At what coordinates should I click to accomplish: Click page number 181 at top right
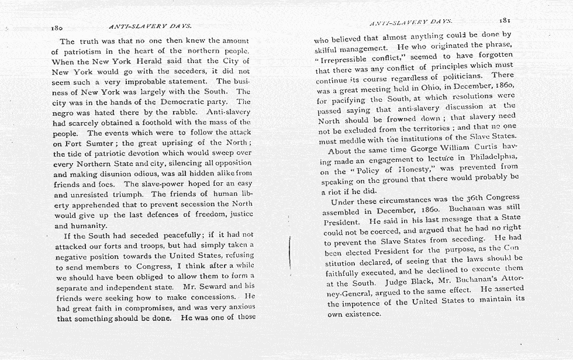pos(506,19)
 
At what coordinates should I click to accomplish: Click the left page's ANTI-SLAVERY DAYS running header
pos(150,26)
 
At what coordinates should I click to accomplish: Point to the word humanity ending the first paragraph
pos(88,226)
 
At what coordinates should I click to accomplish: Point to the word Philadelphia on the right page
pos(492,160)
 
